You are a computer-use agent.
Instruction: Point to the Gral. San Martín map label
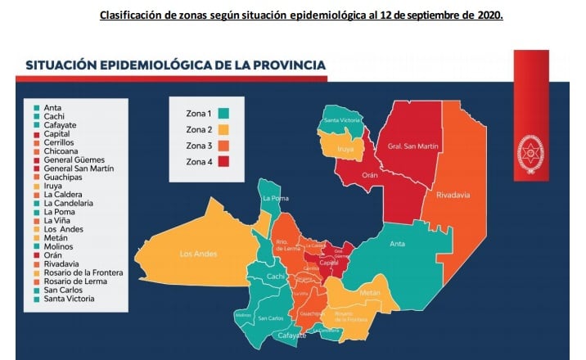coord(403,146)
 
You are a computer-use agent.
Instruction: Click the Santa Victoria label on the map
coord(342,121)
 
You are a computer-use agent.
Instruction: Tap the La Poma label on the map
coord(274,198)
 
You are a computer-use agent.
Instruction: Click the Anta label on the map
coord(397,243)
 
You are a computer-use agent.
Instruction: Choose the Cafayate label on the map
coord(291,335)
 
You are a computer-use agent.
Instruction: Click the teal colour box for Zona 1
coord(223,113)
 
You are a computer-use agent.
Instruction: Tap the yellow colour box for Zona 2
coord(223,129)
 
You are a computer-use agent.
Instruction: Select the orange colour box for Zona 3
coord(223,146)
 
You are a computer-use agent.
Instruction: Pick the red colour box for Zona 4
coord(223,162)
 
